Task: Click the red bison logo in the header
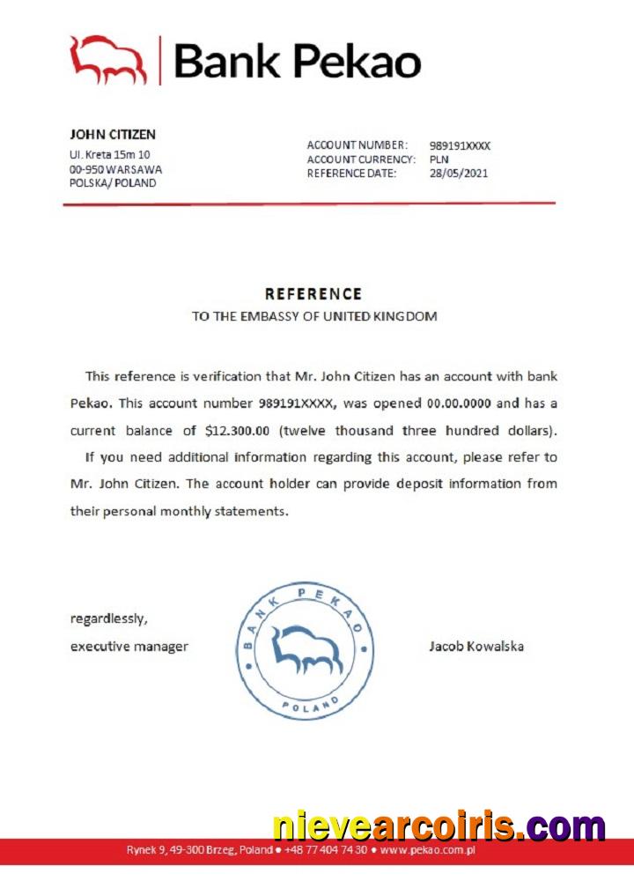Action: pos(108,60)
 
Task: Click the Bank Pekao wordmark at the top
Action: pos(298,60)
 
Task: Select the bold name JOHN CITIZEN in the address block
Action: pos(113,135)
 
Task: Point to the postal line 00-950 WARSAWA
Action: pos(115,169)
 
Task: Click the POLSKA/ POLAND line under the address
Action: pos(113,183)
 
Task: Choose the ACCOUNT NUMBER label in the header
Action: pos(357,145)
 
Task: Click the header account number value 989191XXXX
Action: pos(460,145)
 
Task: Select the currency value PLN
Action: pos(439,159)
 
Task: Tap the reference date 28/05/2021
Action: pos(458,174)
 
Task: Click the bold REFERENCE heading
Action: pos(313,294)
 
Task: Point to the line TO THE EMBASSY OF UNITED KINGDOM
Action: pos(313,316)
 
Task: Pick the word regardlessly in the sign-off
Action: pos(109,618)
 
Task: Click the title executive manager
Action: pos(129,647)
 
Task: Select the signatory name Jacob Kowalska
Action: pos(475,647)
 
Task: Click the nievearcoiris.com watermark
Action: pos(439,827)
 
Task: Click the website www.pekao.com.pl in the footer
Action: pos(428,850)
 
